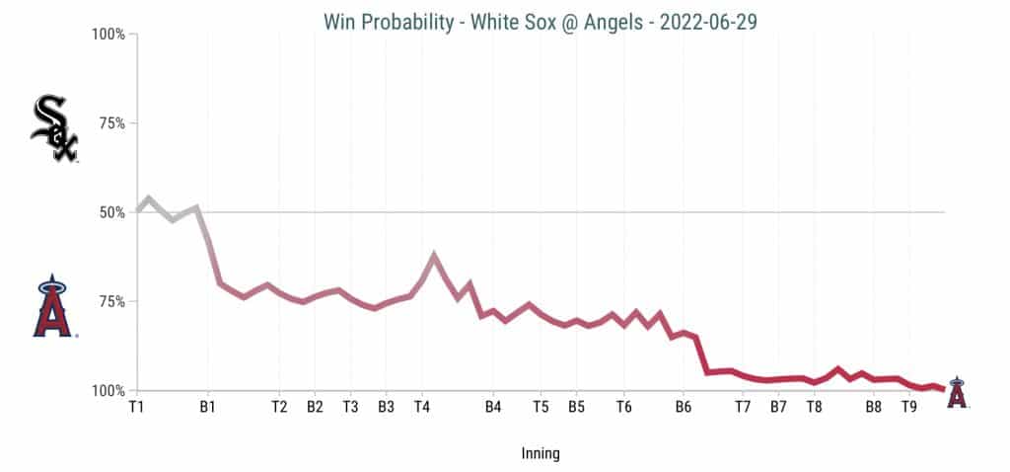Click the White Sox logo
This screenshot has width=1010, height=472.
coord(54,128)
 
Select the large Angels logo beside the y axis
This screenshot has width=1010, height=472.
coord(53,308)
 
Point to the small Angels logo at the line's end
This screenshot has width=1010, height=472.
coord(956,392)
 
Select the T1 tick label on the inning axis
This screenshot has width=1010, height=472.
coord(137,406)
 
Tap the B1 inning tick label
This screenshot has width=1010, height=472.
coord(208,406)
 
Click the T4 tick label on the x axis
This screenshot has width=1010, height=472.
coord(422,406)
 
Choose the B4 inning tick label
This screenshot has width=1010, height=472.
coord(493,406)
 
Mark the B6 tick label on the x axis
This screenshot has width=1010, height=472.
coord(684,406)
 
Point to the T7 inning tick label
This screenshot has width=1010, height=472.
coord(743,406)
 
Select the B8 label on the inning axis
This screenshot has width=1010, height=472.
coord(873,406)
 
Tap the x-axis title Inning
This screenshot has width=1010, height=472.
coord(541,454)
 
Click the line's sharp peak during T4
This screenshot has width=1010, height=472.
coord(434,255)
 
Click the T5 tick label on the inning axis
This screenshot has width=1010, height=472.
coord(541,406)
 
